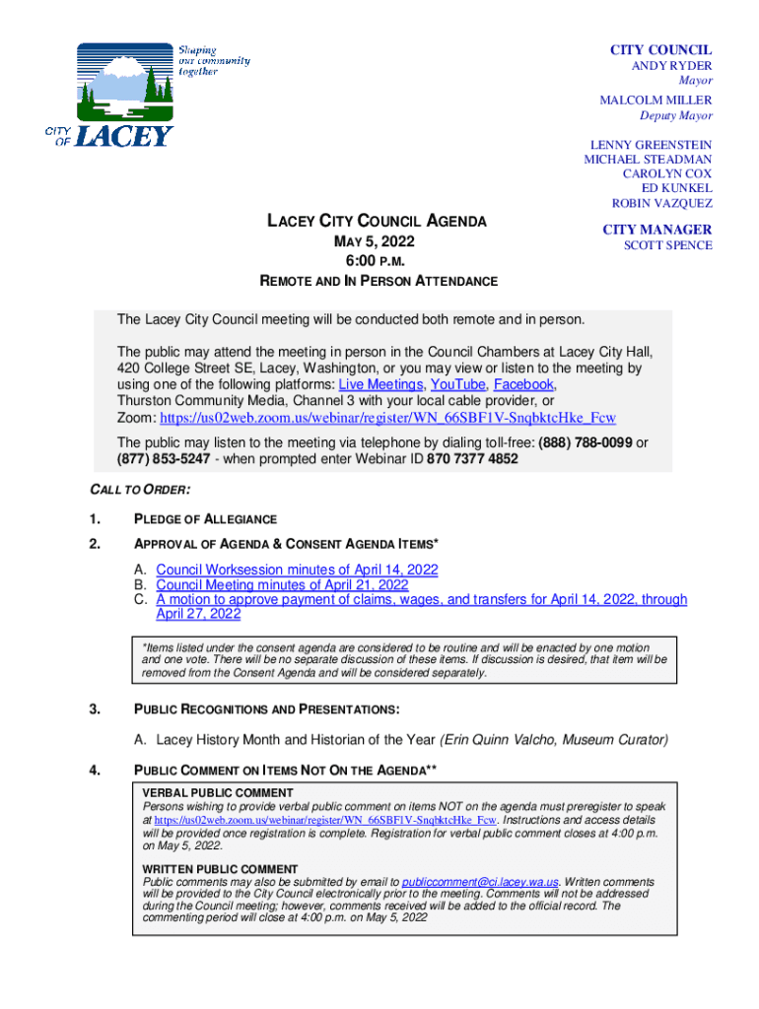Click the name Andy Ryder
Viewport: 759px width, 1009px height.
click(x=671, y=66)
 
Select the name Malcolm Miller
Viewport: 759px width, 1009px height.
click(x=655, y=101)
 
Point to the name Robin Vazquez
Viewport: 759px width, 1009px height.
click(x=661, y=204)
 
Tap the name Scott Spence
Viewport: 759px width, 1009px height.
click(x=667, y=245)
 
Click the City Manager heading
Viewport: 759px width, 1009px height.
click(x=657, y=230)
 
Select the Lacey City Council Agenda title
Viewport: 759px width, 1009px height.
click(x=378, y=222)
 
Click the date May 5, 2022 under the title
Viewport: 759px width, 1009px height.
click(x=378, y=242)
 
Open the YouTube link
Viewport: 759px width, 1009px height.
click(x=457, y=384)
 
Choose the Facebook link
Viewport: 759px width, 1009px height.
click(x=523, y=384)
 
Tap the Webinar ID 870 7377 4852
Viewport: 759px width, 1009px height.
click(x=472, y=459)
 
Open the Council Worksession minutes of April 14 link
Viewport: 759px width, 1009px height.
click(x=297, y=570)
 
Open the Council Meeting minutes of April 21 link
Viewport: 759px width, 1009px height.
click(x=282, y=584)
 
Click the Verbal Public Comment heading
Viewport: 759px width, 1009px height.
click(x=218, y=792)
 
